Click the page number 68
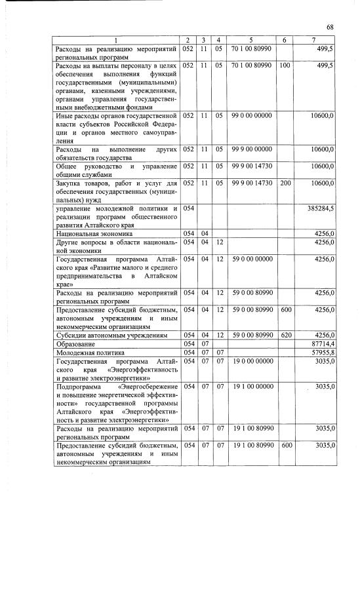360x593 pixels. (330, 27)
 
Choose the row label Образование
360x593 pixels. (79, 343)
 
